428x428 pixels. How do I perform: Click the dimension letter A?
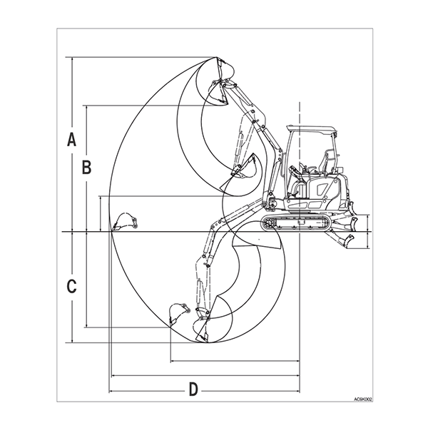71,139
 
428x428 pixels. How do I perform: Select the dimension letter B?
86,168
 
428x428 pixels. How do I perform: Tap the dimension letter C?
71,287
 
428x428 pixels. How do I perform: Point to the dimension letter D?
193,389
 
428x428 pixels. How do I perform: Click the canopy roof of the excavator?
311,129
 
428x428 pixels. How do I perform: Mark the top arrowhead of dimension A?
71,59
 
